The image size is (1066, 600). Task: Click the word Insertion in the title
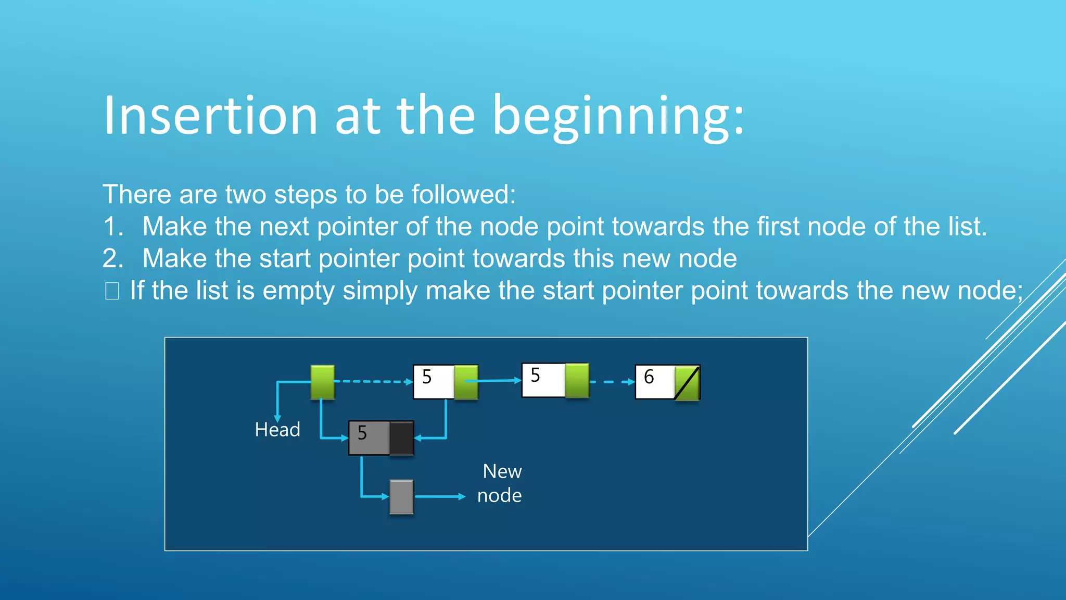pos(211,116)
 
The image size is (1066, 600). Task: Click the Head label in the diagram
pos(277,430)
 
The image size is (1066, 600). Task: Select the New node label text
pos(500,483)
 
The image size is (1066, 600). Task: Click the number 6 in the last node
pos(649,377)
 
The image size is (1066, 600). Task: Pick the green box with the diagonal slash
pos(687,383)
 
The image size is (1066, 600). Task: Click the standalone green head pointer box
pos(322,382)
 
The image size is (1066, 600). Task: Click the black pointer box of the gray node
pos(401,438)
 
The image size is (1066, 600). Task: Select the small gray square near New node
pos(401,497)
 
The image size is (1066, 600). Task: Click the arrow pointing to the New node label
pos(440,497)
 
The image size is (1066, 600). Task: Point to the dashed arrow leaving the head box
pos(373,382)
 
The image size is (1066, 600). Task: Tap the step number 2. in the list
pos(113,259)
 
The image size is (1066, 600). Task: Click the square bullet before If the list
pos(112,291)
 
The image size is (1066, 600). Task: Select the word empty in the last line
pos(298,291)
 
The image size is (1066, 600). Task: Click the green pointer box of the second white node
pos(577,381)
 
